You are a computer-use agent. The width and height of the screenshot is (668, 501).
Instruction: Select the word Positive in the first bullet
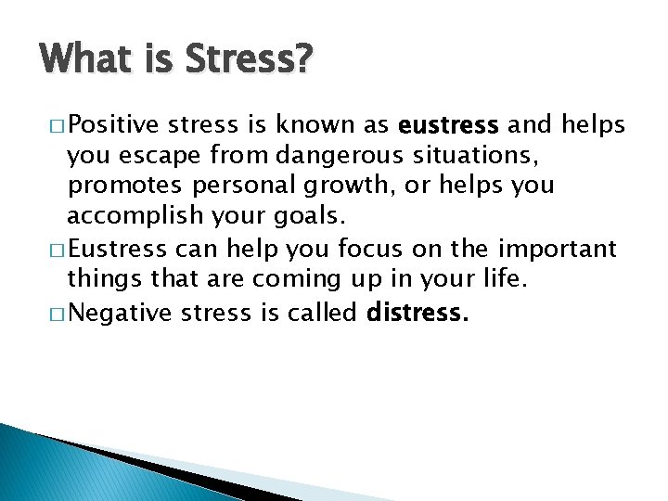pyautogui.click(x=116, y=123)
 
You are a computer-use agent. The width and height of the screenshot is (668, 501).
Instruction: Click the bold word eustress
pyautogui.click(x=447, y=123)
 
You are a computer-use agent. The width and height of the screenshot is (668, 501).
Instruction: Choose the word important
pyautogui.click(x=557, y=249)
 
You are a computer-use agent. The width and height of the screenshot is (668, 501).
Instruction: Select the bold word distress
pyautogui.click(x=417, y=312)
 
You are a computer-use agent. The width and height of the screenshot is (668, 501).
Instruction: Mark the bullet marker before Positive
pyautogui.click(x=58, y=123)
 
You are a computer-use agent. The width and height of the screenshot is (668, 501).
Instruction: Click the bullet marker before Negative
pyautogui.click(x=58, y=312)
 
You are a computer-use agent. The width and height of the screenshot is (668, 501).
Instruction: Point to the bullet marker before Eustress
pyautogui.click(x=58, y=249)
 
